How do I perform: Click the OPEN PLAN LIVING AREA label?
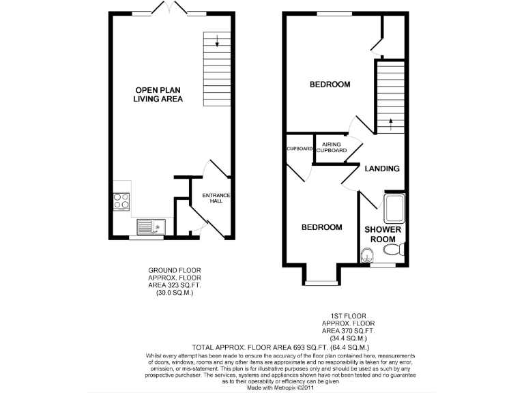158,94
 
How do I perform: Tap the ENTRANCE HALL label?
216,199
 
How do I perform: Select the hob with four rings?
121,201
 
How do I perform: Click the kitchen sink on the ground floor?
149,226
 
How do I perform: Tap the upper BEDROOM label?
330,85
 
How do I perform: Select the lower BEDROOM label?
321,227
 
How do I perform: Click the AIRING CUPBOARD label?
331,147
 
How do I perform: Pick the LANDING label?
381,169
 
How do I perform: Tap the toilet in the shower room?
367,256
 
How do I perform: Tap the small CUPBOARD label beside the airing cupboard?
299,148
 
